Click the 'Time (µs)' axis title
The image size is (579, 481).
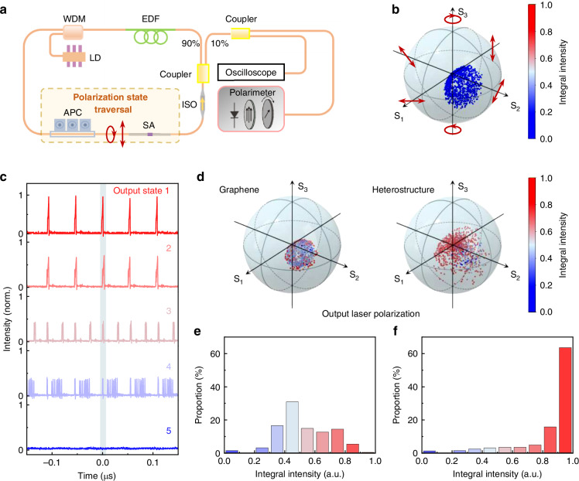coord(103,473)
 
